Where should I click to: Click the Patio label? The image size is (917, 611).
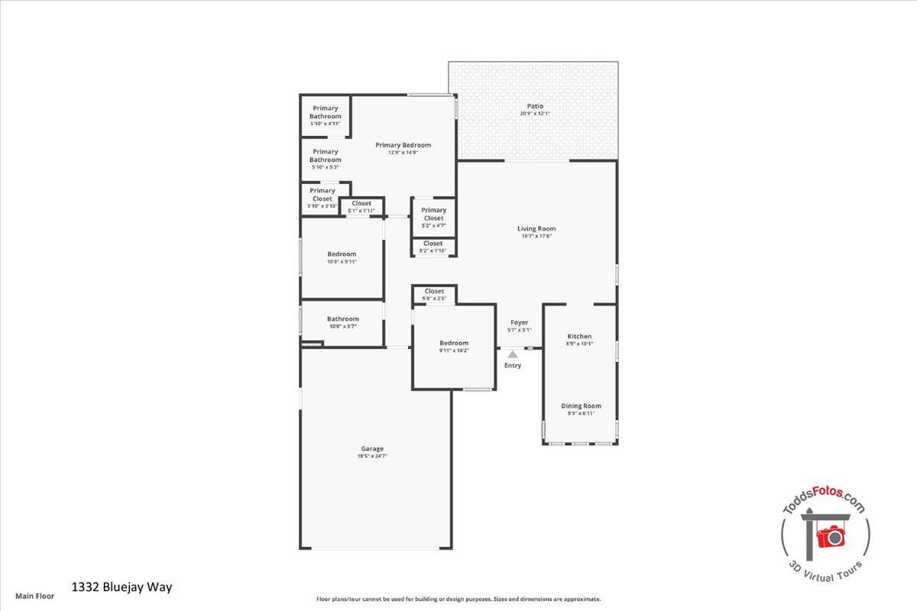pyautogui.click(x=535, y=106)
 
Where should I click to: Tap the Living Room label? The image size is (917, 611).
pyautogui.click(x=536, y=228)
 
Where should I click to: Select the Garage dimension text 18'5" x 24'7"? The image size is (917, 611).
pyautogui.click(x=372, y=457)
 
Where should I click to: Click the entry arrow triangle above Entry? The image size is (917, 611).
pyautogui.click(x=513, y=354)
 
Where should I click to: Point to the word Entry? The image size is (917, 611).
pyautogui.click(x=513, y=366)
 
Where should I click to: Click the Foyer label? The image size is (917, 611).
pyautogui.click(x=520, y=322)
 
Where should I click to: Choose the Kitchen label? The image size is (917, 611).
pyautogui.click(x=579, y=336)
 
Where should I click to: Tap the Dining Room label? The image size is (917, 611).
pyautogui.click(x=582, y=406)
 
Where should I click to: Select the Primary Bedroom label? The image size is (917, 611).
pyautogui.click(x=403, y=145)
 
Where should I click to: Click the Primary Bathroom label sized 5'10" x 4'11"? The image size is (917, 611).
pyautogui.click(x=325, y=112)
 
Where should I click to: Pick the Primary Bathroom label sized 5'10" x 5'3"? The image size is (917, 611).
pyautogui.click(x=325, y=156)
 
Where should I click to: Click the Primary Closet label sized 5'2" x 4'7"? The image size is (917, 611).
pyautogui.click(x=433, y=215)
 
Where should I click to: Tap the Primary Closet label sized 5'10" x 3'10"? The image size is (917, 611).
pyautogui.click(x=322, y=195)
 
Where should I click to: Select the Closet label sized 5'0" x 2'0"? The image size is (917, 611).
pyautogui.click(x=434, y=291)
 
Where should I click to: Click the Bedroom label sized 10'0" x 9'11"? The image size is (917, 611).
pyautogui.click(x=342, y=254)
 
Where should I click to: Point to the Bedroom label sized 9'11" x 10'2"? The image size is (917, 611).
pyautogui.click(x=454, y=343)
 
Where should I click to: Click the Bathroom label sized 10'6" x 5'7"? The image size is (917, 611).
pyautogui.click(x=343, y=319)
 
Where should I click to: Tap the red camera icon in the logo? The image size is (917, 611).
pyautogui.click(x=830, y=536)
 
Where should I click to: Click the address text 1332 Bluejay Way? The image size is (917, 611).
pyautogui.click(x=122, y=587)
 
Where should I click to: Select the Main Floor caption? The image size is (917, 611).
pyautogui.click(x=35, y=596)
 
